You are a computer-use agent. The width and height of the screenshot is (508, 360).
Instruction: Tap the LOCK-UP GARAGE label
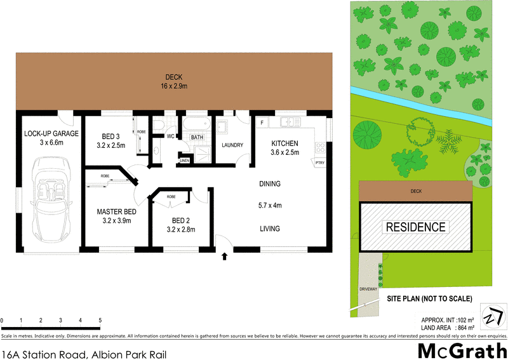(x=51, y=133)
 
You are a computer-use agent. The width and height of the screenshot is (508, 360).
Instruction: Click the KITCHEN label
(x=284, y=143)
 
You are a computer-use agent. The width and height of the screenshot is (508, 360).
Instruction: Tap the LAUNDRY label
(x=232, y=145)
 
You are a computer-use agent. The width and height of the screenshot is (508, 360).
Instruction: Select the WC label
(x=170, y=136)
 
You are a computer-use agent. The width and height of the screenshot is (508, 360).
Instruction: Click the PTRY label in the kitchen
(x=320, y=163)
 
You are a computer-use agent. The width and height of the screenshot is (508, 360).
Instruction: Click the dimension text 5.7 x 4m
(x=269, y=205)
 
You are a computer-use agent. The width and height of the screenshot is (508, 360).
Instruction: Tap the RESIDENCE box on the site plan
(x=416, y=227)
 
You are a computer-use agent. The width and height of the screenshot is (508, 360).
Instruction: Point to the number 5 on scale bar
(x=100, y=319)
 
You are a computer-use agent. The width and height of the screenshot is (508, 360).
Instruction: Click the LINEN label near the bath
(x=185, y=161)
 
